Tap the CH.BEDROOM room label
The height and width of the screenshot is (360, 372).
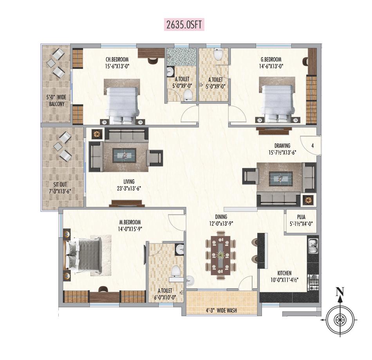click(117, 59)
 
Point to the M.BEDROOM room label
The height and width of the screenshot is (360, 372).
click(130, 222)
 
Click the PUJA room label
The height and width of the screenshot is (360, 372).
click(301, 217)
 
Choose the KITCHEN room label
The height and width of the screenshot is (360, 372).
click(284, 273)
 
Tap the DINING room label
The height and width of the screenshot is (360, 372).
click(221, 216)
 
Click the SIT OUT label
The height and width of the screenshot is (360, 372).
click(60, 184)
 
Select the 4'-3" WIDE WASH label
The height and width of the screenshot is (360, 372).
click(221, 310)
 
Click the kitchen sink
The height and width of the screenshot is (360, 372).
click(313, 246)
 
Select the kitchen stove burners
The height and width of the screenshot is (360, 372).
click(313, 283)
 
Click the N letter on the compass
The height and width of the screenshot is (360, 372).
click(340, 292)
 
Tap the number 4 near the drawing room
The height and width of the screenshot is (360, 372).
click(312, 146)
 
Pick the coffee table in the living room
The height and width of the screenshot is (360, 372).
click(124, 155)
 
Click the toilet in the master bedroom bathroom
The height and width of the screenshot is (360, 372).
click(175, 271)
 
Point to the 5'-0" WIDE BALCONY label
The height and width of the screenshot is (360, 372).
click(57, 100)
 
